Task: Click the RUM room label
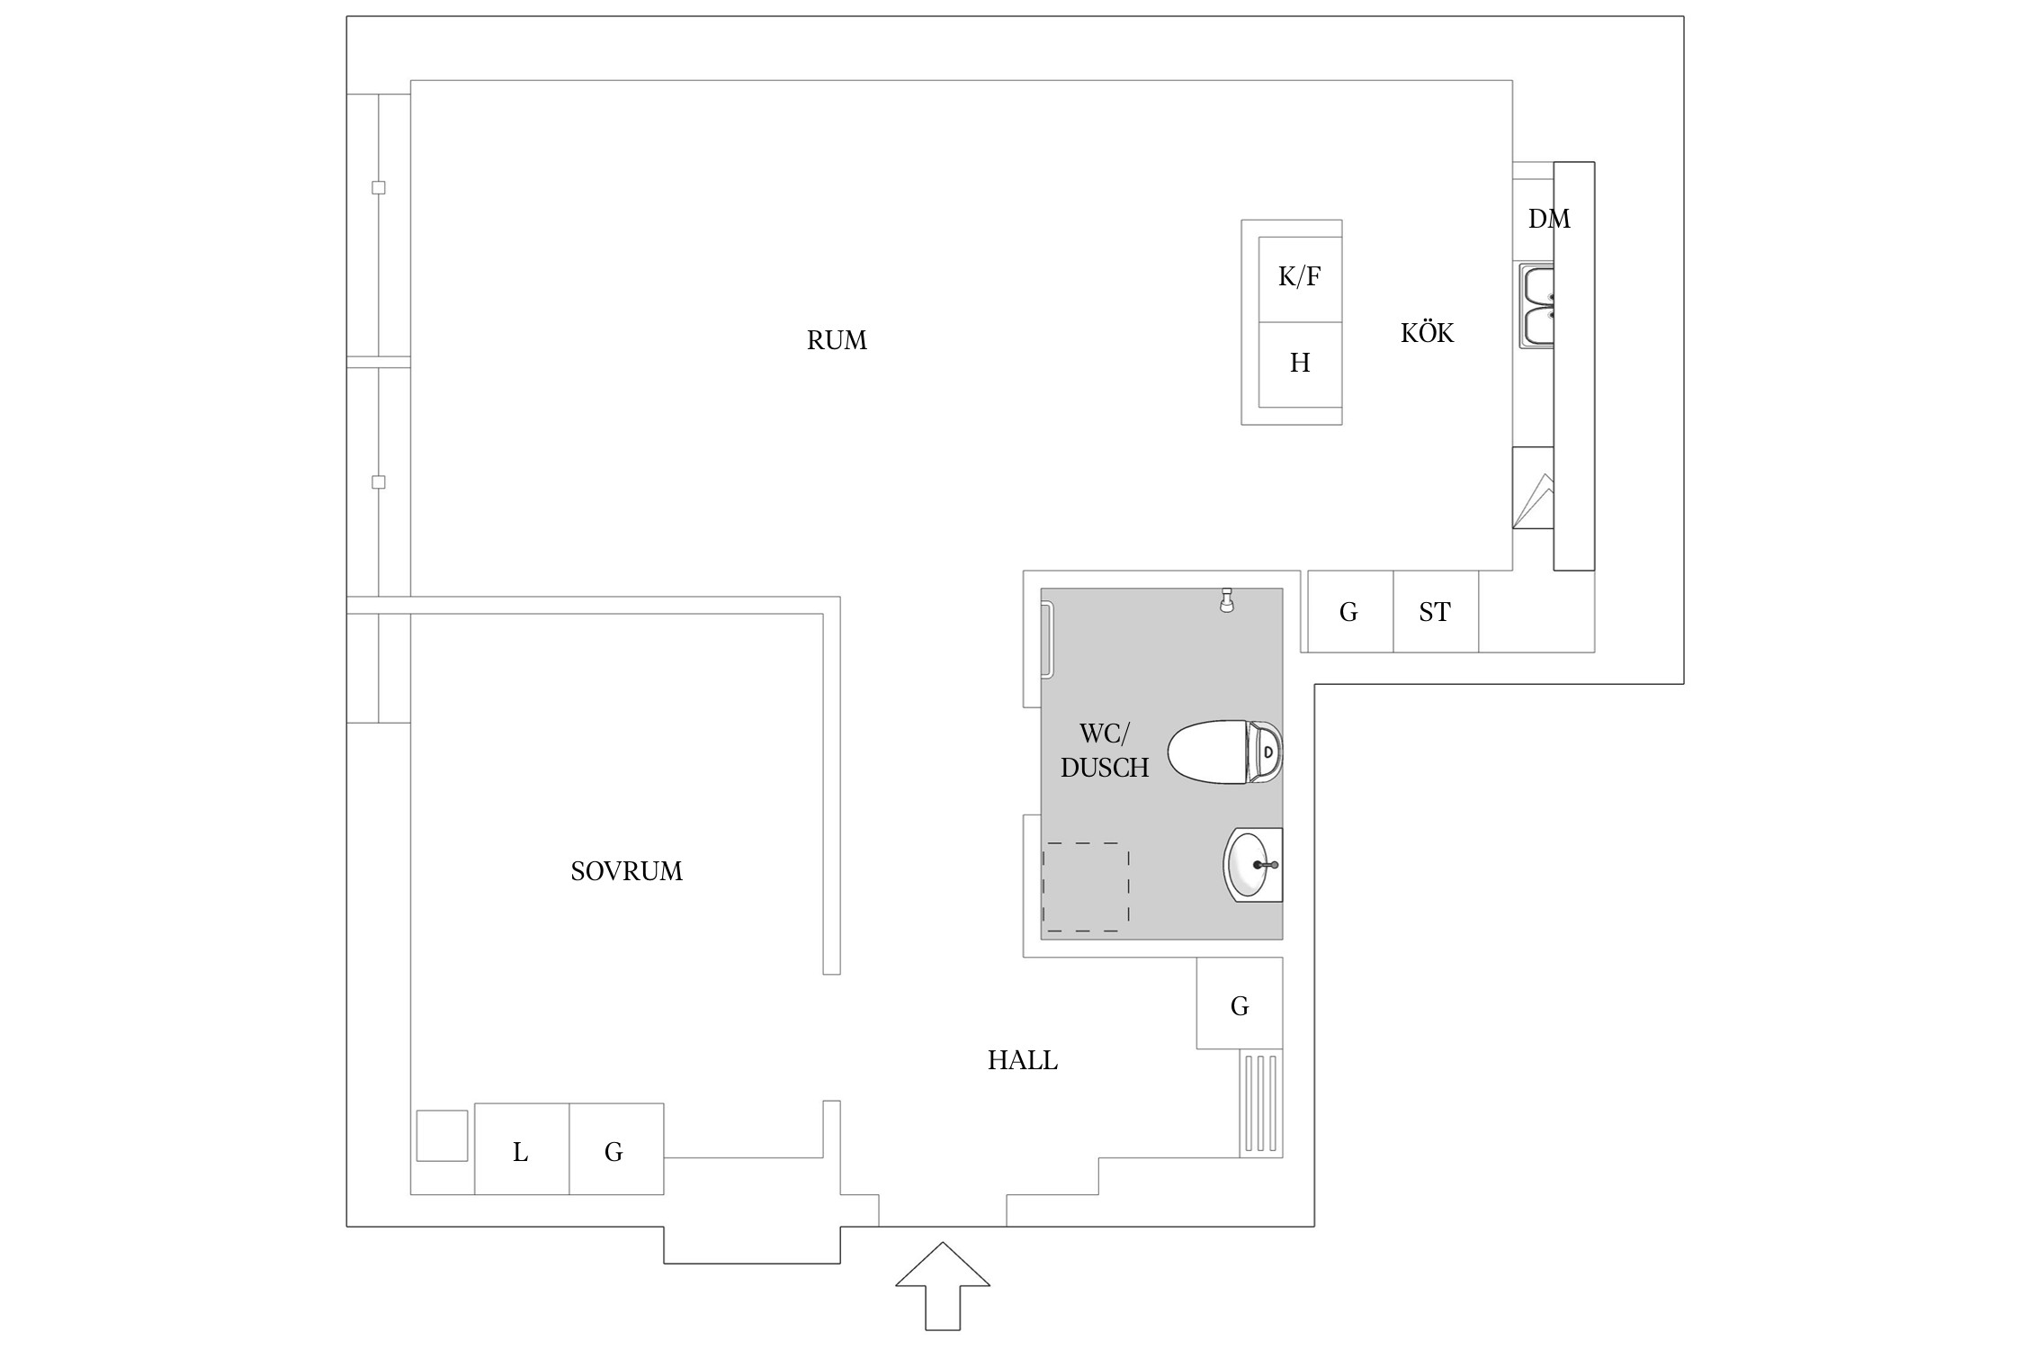pos(837,340)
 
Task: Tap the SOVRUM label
pos(627,871)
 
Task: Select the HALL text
pos(1023,1060)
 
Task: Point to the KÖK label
pos(1428,332)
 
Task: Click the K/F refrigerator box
pos(1300,279)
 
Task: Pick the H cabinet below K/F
pos(1300,364)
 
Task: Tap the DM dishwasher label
pos(1549,219)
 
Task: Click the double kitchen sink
pos(1537,306)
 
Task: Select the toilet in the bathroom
pos(1225,751)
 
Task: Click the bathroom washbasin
pos(1253,864)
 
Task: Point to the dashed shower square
pos(1086,886)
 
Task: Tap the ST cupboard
pos(1436,611)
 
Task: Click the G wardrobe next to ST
pos(1350,611)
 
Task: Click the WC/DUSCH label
pos(1105,751)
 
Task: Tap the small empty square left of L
pos(442,1136)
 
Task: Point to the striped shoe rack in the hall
pos(1261,1103)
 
